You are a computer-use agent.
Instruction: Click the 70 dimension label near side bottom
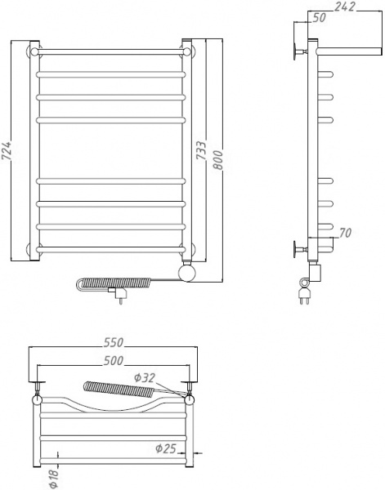(347, 235)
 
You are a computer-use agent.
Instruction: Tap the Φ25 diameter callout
(166, 448)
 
